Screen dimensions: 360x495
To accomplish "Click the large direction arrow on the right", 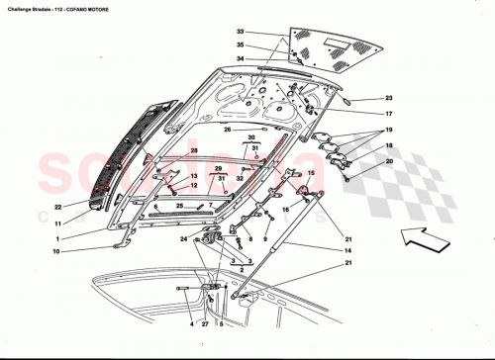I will [x=423, y=235].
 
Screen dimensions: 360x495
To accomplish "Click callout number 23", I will [x=389, y=99].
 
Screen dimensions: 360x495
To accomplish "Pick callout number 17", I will [x=389, y=114].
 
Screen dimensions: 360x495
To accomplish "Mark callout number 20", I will [x=389, y=161].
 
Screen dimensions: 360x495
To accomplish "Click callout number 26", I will [x=227, y=130].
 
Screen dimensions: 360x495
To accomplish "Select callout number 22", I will [x=58, y=207].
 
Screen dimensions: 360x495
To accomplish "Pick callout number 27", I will [x=206, y=324].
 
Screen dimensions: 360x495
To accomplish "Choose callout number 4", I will [x=191, y=324].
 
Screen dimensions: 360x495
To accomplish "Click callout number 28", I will [x=196, y=150].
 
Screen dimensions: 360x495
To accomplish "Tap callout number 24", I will [x=183, y=238].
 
